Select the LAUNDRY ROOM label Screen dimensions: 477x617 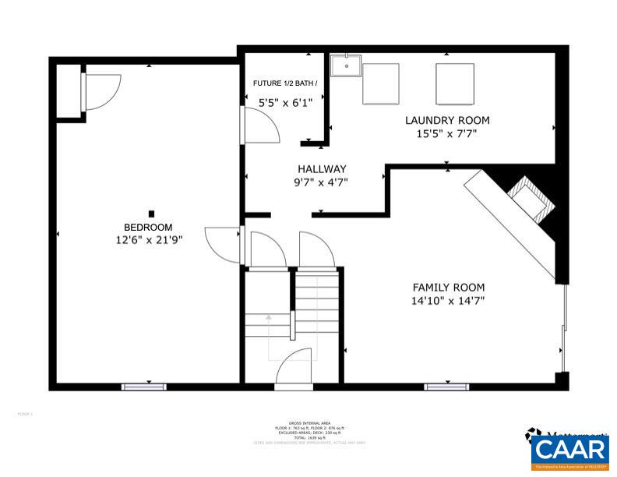tap(446, 120)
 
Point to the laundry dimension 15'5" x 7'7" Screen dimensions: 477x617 tap(446, 133)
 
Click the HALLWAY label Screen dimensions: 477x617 tap(322, 169)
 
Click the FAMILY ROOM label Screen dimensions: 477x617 tap(448, 287)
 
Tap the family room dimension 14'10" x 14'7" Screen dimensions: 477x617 tap(448, 300)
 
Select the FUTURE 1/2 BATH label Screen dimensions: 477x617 tap(285, 83)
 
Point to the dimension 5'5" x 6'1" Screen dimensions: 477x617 tap(285, 101)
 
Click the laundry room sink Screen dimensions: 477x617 tap(345, 66)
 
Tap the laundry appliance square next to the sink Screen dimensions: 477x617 tap(381, 83)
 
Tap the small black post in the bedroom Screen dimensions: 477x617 tap(152, 214)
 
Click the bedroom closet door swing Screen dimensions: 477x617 tap(101, 90)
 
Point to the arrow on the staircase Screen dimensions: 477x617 tap(269, 318)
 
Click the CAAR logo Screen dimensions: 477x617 tap(570, 450)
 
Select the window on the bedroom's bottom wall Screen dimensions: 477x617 tap(144, 387)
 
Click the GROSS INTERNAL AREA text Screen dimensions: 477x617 tap(309, 422)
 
